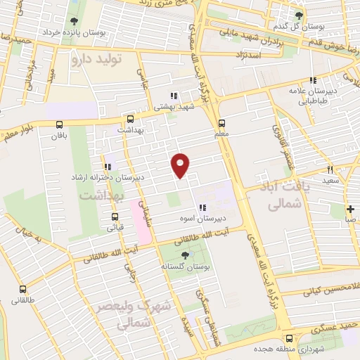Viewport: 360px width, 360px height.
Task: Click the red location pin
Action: (181, 165)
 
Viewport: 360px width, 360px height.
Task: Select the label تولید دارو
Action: (96, 60)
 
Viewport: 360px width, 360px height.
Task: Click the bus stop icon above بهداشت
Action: (130, 119)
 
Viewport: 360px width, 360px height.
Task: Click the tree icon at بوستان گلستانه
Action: (185, 255)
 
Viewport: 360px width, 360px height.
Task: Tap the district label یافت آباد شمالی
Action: (294, 195)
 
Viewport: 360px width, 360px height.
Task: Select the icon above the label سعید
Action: (330, 169)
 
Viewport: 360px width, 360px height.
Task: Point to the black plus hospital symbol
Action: (350, 208)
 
